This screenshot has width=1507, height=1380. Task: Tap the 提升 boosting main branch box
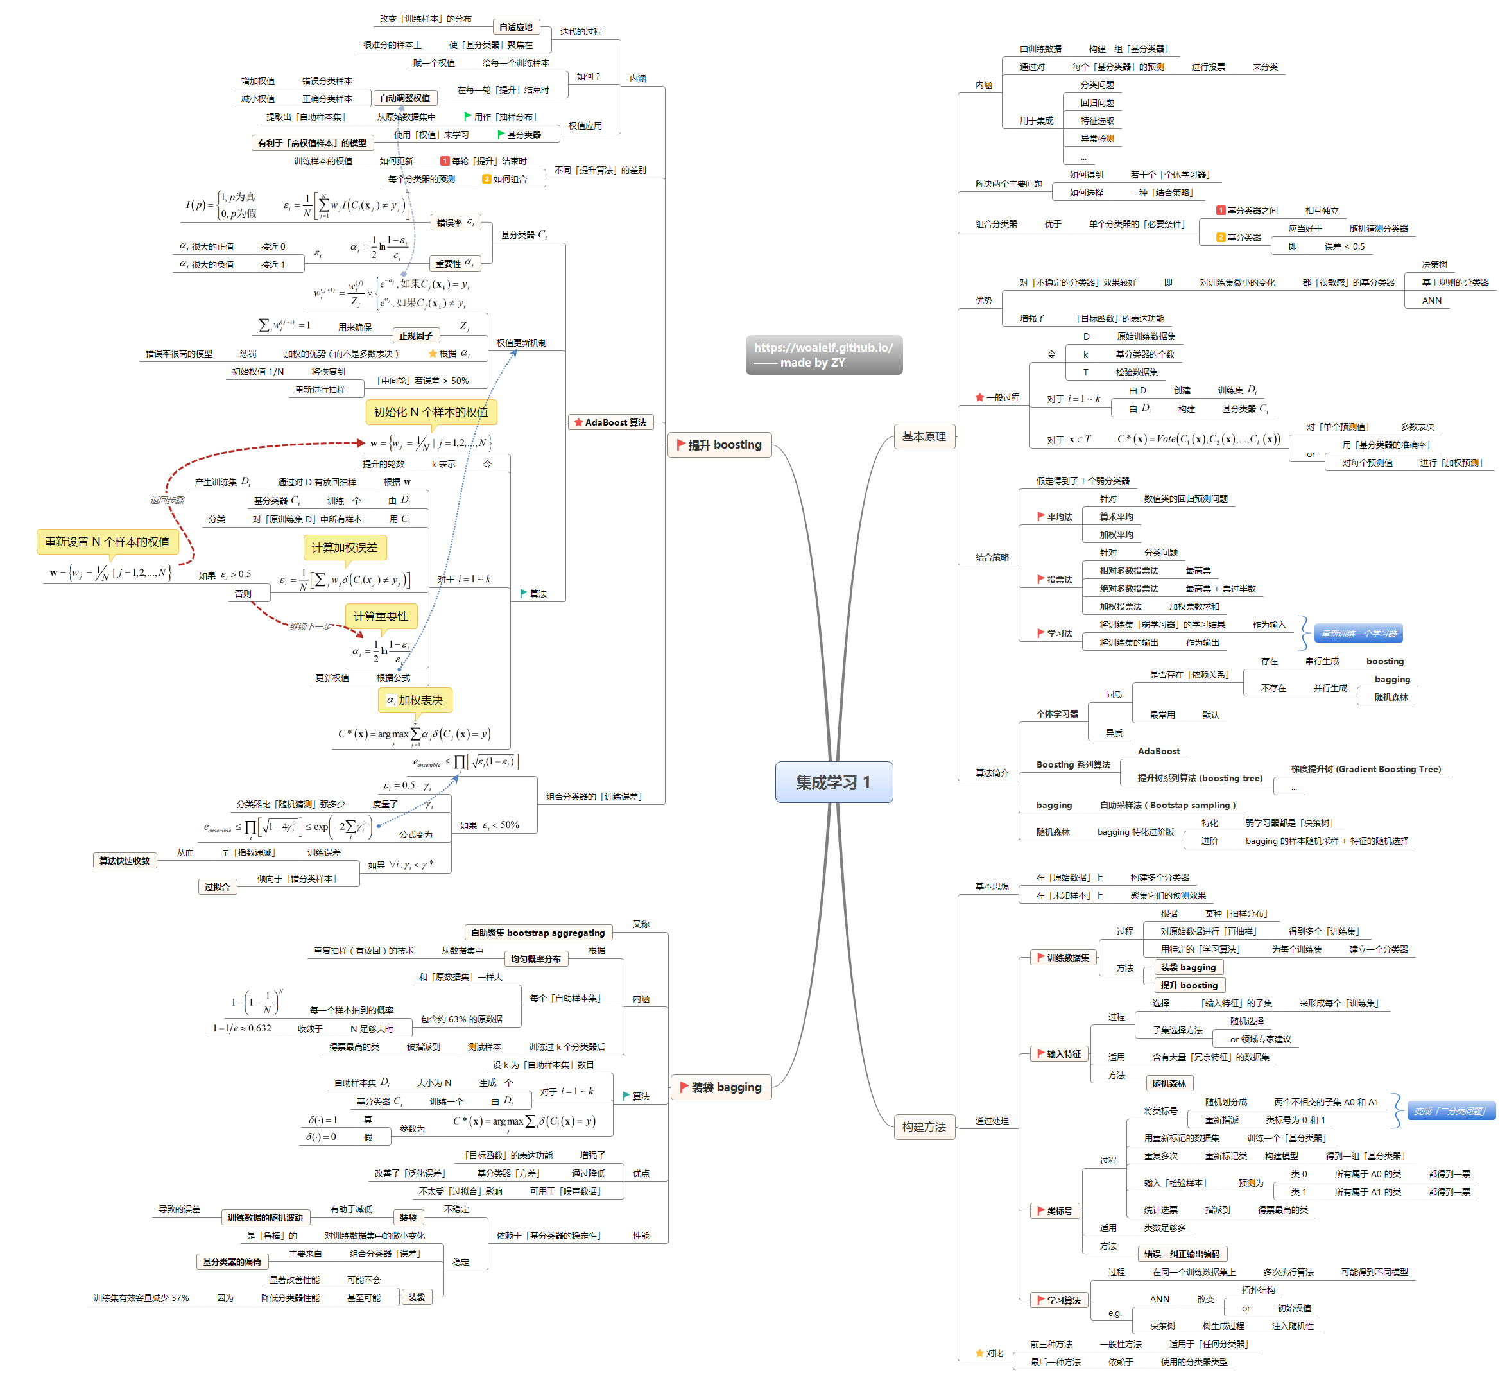click(x=718, y=445)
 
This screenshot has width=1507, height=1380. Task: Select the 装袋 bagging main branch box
click(x=721, y=1087)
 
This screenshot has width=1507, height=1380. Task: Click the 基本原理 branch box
click(x=924, y=436)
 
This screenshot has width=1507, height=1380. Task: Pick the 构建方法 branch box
click(x=924, y=1126)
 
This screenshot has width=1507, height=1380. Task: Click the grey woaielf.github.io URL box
click(x=823, y=354)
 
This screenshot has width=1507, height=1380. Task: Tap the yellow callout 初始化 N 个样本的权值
click(x=431, y=412)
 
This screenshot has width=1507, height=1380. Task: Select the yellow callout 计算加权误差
click(x=344, y=548)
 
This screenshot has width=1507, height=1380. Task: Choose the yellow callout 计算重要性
click(x=381, y=616)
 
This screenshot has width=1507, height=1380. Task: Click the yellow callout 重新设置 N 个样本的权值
click(x=107, y=541)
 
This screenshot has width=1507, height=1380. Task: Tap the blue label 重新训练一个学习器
click(x=1357, y=633)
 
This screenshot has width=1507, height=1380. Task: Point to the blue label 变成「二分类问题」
click(x=1450, y=1111)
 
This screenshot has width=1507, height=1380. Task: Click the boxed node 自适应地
click(x=516, y=27)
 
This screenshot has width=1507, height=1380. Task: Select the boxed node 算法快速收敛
click(x=124, y=861)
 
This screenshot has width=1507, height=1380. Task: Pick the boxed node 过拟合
click(x=217, y=886)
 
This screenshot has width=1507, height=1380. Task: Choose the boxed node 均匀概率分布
click(x=535, y=958)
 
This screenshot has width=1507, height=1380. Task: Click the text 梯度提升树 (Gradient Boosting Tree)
click(x=1365, y=768)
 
